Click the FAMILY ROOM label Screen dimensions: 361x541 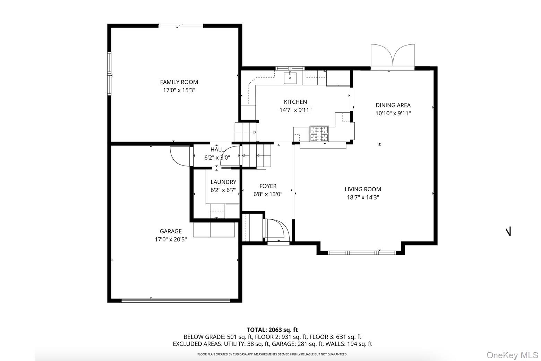[179, 82]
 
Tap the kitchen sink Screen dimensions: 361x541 [290, 78]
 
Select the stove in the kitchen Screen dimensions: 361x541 [319, 134]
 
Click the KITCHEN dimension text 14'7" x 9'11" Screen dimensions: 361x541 [295, 110]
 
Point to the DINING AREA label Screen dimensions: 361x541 [393, 105]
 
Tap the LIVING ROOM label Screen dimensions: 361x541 [363, 189]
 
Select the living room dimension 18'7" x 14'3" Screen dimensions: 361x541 [363, 198]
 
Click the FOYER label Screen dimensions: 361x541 [268, 186]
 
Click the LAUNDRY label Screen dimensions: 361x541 [223, 182]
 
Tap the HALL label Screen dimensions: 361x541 [217, 150]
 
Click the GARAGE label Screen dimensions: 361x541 [171, 231]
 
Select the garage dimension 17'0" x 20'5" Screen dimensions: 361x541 [171, 240]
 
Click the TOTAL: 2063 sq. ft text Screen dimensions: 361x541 [272, 330]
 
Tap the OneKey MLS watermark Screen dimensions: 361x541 [512, 355]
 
